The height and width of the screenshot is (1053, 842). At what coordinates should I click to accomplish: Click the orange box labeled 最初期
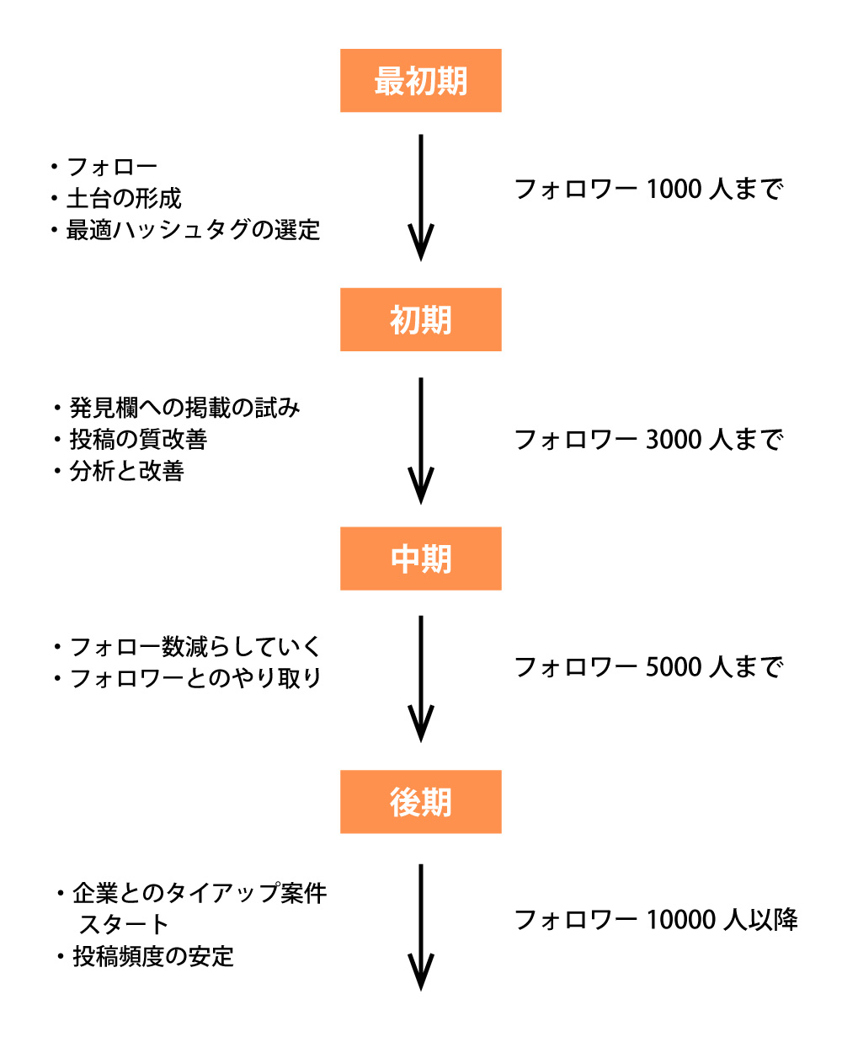pyautogui.click(x=420, y=81)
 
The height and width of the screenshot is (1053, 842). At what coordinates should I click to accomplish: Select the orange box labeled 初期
pyautogui.click(x=420, y=320)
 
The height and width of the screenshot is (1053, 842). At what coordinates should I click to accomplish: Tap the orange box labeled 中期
pyautogui.click(x=420, y=559)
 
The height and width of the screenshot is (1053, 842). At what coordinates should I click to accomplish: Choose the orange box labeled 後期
pyautogui.click(x=420, y=802)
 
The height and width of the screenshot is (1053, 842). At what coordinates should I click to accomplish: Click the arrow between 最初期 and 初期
pyautogui.click(x=420, y=198)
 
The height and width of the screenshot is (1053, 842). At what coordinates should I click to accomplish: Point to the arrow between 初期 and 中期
pyautogui.click(x=420, y=440)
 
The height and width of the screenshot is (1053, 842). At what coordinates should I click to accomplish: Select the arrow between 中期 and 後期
pyautogui.click(x=420, y=678)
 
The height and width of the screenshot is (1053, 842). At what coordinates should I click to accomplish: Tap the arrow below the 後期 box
pyautogui.click(x=420, y=927)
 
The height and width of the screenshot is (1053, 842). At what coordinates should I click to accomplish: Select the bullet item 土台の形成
pyautogui.click(x=124, y=199)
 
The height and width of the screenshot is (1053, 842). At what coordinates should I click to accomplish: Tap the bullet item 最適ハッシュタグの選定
pyautogui.click(x=193, y=230)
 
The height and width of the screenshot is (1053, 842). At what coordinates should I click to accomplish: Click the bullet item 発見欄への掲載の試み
pyautogui.click(x=184, y=409)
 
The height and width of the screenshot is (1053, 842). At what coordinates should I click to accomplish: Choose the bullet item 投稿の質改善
pyautogui.click(x=138, y=440)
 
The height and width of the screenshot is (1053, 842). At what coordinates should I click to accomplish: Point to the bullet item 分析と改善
pyautogui.click(x=126, y=471)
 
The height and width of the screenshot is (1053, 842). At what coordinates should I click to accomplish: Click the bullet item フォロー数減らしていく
pyautogui.click(x=195, y=647)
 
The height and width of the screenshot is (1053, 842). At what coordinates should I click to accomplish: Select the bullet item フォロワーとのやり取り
pyautogui.click(x=195, y=678)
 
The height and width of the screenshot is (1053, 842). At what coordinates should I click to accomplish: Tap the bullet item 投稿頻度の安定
pyautogui.click(x=153, y=957)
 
